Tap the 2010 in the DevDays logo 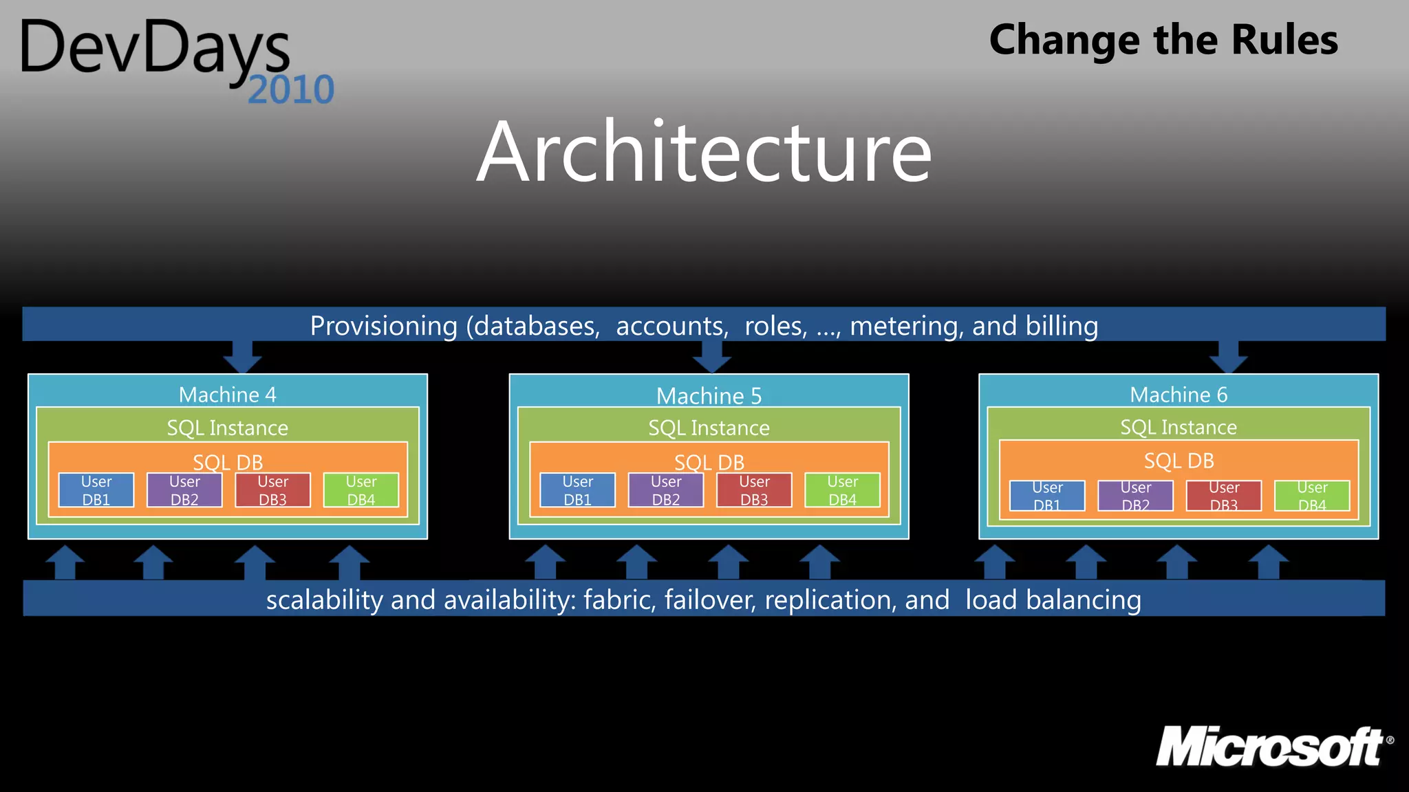(x=290, y=90)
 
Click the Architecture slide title (x=704, y=152)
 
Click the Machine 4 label (x=227, y=395)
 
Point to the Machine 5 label (x=709, y=396)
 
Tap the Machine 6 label (x=1178, y=395)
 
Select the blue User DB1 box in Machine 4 (x=96, y=490)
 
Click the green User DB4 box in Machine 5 (x=842, y=490)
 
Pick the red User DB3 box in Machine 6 (x=1223, y=496)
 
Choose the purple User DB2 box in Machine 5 (x=666, y=490)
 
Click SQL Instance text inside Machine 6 (x=1178, y=428)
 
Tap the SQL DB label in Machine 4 (x=227, y=461)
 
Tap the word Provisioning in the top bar (x=383, y=326)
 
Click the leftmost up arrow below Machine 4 (x=65, y=562)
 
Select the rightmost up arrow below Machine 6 (x=1268, y=562)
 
